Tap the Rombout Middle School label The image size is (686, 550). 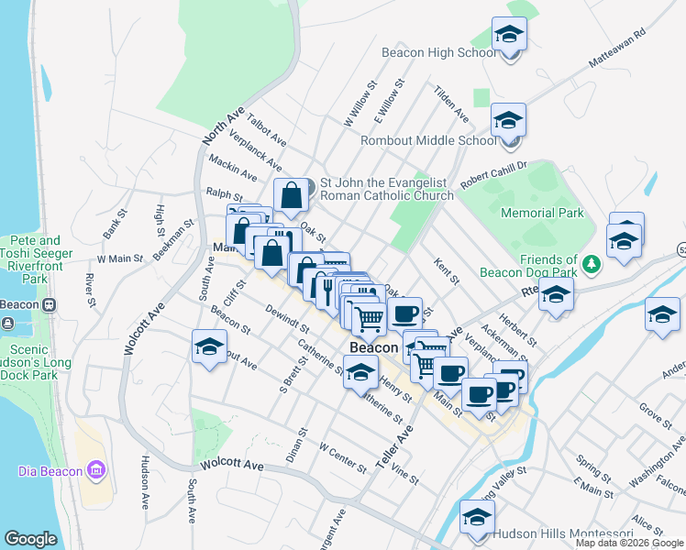point(428,140)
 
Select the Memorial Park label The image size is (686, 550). point(542,213)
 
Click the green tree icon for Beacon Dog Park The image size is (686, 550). point(592,264)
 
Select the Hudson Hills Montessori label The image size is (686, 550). point(562,533)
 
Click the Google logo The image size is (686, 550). point(30,539)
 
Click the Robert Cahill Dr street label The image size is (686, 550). point(494,174)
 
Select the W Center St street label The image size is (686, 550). point(342,456)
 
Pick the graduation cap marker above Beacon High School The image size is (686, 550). point(508,35)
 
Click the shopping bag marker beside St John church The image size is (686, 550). point(291,194)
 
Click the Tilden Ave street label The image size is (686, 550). point(451,104)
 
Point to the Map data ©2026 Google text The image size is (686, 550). point(629,543)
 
